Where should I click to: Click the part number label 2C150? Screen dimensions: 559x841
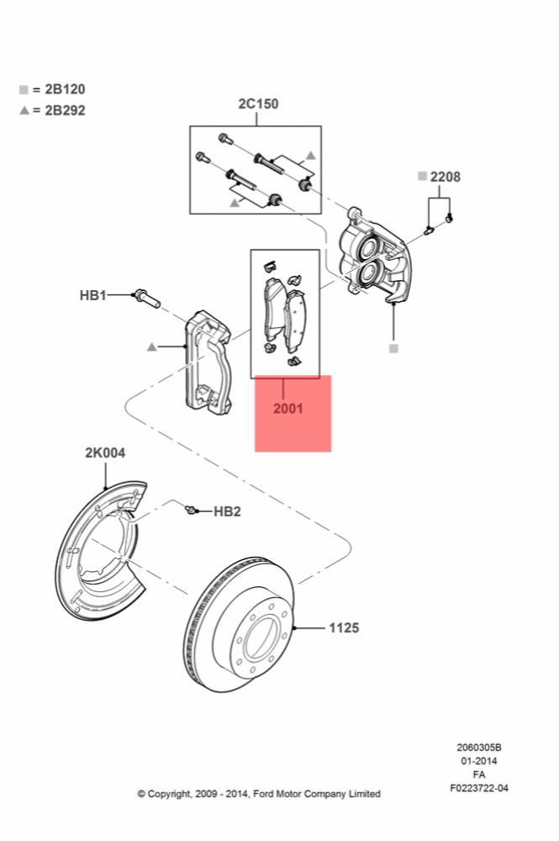coord(258,103)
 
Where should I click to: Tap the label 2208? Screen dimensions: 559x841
coord(445,177)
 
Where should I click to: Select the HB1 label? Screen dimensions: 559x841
coord(92,295)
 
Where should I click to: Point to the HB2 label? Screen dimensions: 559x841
coord(227,511)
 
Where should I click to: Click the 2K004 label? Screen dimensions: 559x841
coord(105,452)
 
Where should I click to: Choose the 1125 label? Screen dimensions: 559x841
coord(344,627)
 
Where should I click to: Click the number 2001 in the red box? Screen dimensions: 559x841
coord(287,408)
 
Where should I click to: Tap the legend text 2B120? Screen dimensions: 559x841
coord(65,89)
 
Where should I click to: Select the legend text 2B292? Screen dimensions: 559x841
coord(65,110)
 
